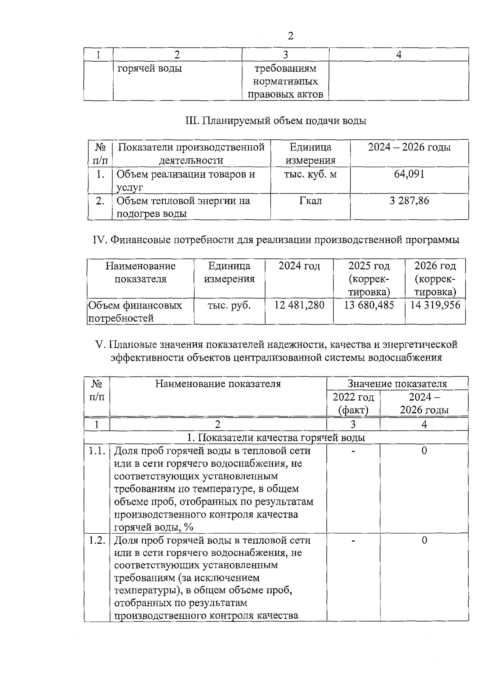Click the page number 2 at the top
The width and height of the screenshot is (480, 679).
[290, 36]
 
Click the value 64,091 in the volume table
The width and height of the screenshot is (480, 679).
[409, 174]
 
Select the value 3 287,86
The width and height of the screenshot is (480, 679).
[409, 200]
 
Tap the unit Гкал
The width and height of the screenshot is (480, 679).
[310, 200]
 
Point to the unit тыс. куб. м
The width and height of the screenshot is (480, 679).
[310, 174]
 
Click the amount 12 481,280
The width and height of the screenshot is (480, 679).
[299, 305]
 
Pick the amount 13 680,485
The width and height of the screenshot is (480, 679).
[369, 305]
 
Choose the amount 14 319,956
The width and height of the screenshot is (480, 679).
[435, 305]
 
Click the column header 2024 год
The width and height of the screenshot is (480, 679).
[299, 266]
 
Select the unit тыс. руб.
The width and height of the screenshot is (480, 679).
[229, 305]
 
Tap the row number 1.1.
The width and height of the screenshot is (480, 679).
[97, 451]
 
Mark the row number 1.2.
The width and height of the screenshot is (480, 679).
[97, 541]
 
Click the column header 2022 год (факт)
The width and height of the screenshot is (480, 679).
[353, 403]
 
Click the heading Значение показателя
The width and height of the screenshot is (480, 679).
[397, 384]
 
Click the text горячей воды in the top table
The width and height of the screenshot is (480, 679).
[150, 69]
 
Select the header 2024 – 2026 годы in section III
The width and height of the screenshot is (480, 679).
[409, 147]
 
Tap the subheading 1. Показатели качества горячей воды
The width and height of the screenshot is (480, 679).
[276, 438]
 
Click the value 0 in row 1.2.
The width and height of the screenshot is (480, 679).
[424, 541]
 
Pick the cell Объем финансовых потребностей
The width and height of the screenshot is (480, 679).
[135, 312]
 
